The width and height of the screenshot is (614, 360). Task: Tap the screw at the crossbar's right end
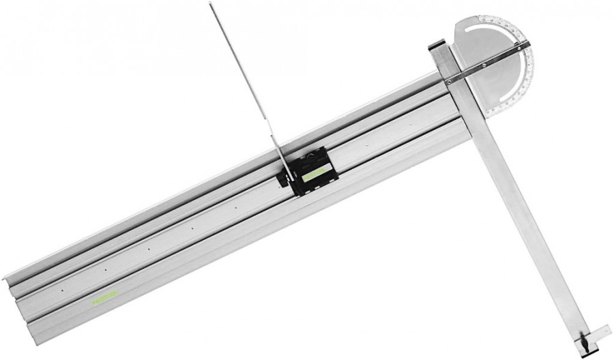525,46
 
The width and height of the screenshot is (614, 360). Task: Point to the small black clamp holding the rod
282,179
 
